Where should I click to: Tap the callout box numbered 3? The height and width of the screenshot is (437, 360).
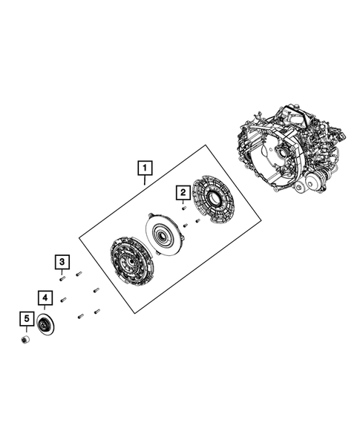pyautogui.click(x=62, y=261)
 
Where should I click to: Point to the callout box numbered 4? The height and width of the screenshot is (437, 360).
pyautogui.click(x=45, y=299)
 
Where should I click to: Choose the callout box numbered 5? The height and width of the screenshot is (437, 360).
pyautogui.click(x=26, y=321)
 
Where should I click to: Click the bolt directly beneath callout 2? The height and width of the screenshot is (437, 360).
pyautogui.click(x=183, y=208)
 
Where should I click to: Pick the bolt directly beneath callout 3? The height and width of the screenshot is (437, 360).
pyautogui.click(x=63, y=278)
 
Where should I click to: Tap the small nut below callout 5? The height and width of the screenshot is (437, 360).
pyautogui.click(x=25, y=339)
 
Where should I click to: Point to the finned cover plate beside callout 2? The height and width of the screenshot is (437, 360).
pyautogui.click(x=213, y=201)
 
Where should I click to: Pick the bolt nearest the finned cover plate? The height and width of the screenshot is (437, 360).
pyautogui.click(x=198, y=220)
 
